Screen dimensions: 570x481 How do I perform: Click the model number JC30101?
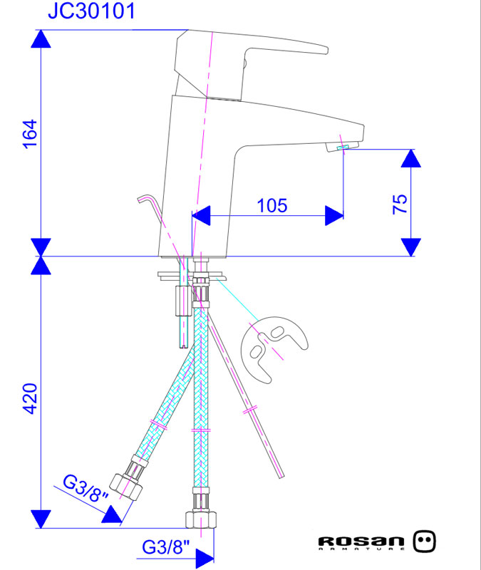point(90,11)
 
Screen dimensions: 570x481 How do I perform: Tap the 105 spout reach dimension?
point(271,206)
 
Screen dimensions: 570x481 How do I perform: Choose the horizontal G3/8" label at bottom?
point(165,547)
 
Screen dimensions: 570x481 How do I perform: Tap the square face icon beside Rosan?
point(425,541)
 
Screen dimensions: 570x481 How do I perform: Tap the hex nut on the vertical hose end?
point(202,517)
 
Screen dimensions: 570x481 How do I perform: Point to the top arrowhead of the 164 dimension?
point(42,39)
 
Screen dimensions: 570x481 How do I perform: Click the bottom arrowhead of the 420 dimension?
point(42,519)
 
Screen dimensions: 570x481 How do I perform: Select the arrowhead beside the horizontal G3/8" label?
point(205,556)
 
